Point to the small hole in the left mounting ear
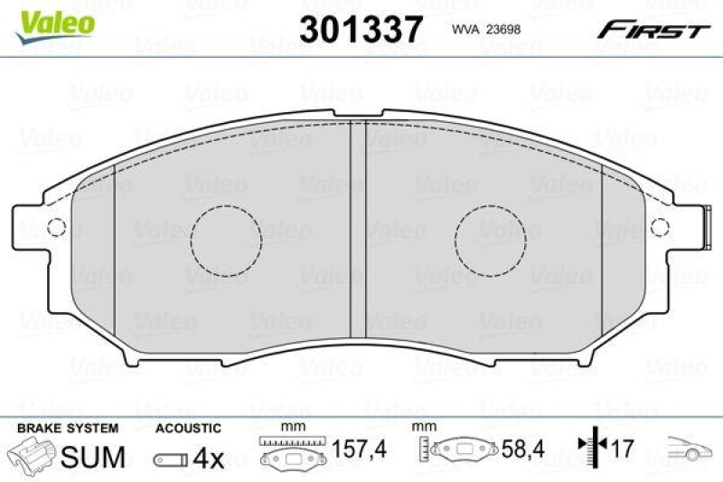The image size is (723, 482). coord(53,226)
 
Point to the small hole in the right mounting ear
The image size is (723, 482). coord(661,226)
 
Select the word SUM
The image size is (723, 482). coord(92,457)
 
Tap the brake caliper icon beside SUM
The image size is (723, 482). coord(32,455)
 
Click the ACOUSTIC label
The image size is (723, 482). coord(187,428)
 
